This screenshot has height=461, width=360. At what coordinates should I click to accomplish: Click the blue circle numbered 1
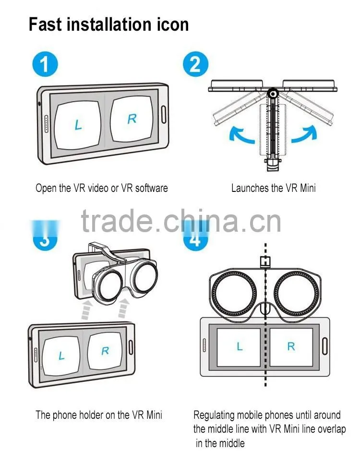(45, 64)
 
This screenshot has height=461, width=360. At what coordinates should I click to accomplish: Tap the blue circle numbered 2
(195, 64)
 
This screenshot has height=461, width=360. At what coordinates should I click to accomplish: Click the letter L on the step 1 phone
(78, 125)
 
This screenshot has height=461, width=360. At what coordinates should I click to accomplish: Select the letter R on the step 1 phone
(132, 119)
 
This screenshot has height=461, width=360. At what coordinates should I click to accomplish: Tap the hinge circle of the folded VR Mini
(273, 94)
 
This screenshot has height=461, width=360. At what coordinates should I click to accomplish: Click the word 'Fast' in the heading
(45, 24)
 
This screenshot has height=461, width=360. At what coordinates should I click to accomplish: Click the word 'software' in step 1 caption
(151, 188)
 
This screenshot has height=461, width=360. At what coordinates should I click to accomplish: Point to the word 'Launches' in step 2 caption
(249, 188)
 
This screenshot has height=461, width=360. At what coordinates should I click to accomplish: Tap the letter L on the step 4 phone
(240, 347)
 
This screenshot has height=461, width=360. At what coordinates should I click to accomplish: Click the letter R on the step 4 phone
(291, 347)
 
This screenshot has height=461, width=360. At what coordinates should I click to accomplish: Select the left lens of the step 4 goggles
(234, 293)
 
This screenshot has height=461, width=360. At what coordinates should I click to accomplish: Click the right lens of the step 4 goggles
(296, 293)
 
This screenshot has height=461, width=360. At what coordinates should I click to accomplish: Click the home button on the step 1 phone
(164, 115)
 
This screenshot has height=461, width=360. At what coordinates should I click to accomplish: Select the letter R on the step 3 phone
(105, 351)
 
